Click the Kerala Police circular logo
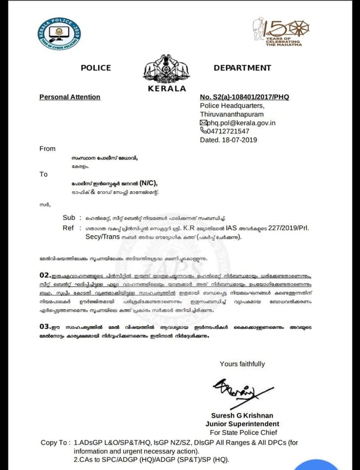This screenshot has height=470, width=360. pos(59,34)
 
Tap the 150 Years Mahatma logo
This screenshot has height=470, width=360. pos(277,32)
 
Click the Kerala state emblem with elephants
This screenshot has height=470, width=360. pos(166,70)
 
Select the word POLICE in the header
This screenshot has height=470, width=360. pos(95,68)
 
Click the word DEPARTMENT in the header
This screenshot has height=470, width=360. pos(242,68)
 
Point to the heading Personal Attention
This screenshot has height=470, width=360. pos(70,97)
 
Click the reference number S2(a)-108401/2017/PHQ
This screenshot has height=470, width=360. pos(244,97)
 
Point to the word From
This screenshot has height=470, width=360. pos(47,148)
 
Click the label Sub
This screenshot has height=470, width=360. pos(69,217)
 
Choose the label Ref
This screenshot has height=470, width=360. pos(68,228)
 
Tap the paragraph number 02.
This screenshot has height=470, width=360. pos(44,274)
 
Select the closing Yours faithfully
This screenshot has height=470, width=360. pos(242,364)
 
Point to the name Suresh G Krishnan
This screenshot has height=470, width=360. pos(242,415)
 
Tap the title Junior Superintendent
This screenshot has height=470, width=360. pos(242,424)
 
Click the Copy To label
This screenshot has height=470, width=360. pos(55,443)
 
